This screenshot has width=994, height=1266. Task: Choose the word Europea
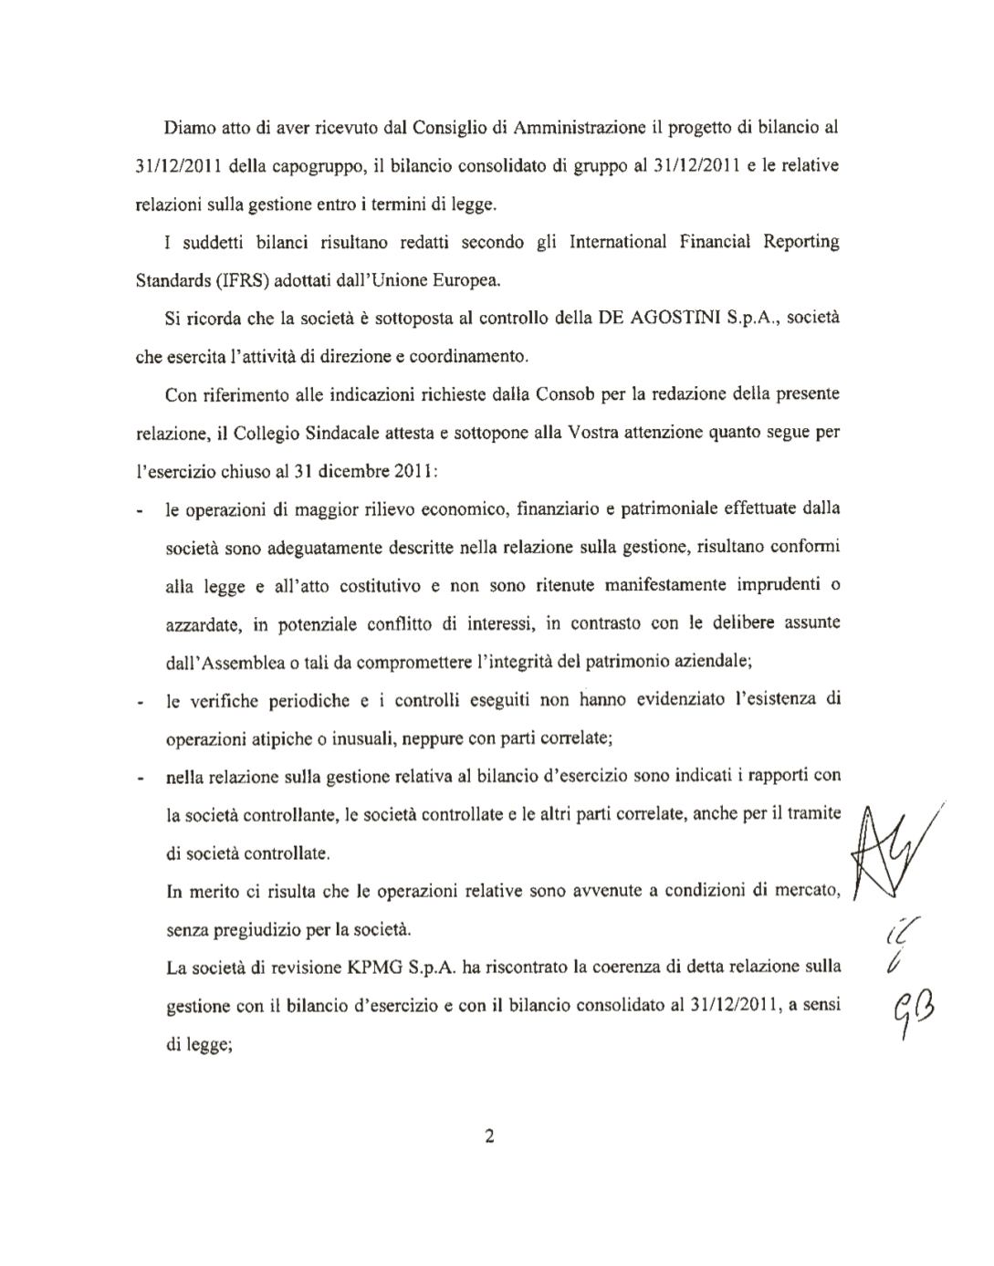(x=466, y=280)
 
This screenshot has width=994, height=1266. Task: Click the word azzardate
(x=202, y=624)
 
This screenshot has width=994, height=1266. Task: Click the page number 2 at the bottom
(x=489, y=1136)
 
